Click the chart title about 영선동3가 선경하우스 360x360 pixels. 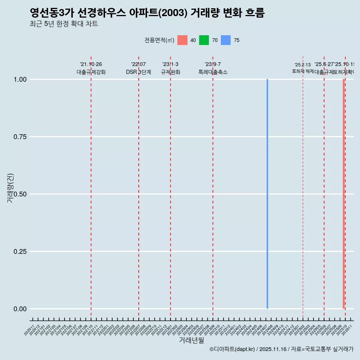(x=147, y=13)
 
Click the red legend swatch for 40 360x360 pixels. (x=182, y=40)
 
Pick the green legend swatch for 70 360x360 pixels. (x=204, y=40)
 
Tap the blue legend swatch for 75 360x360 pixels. (x=226, y=40)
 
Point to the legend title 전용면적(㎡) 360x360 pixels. (x=159, y=40)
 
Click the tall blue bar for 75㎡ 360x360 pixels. (x=267, y=194)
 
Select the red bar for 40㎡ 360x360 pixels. (x=343, y=194)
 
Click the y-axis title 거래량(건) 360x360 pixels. (x=10, y=188)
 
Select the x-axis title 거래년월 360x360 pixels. (x=192, y=340)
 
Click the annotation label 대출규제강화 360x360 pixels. (x=91, y=72)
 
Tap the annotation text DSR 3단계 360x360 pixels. (x=138, y=72)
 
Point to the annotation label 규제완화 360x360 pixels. (x=171, y=72)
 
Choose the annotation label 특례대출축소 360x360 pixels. (x=213, y=72)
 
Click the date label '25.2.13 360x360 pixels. (x=303, y=65)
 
